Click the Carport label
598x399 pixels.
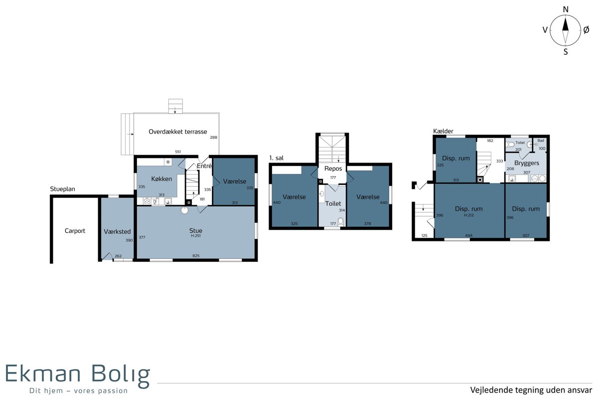tap(75, 230)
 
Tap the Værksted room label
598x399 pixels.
tap(117, 231)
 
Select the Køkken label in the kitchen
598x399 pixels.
tap(161, 179)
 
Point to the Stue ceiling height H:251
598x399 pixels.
tap(196, 236)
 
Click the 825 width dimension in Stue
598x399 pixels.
tap(196, 256)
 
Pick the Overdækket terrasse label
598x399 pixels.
tap(178, 132)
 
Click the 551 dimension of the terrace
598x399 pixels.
tap(178, 152)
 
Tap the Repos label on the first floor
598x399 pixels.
tap(333, 169)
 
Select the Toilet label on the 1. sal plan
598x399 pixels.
tap(333, 203)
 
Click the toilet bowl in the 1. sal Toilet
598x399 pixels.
tap(340, 222)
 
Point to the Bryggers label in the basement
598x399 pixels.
tap(527, 163)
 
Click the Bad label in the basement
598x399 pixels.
tap(541, 141)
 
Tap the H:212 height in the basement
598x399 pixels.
tap(469, 215)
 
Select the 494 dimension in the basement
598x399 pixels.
tap(469, 235)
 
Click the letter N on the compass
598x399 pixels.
tap(566, 9)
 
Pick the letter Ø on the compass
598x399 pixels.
tap(586, 30)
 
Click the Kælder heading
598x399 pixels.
tap(443, 131)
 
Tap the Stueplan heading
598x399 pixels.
tap(62, 189)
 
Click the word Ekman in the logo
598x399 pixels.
tap(43, 374)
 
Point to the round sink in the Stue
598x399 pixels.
tap(184, 210)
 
